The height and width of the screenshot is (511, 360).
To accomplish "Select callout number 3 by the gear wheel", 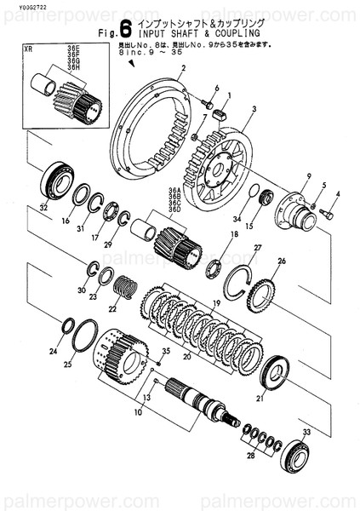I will pyautogui.click(x=254, y=110).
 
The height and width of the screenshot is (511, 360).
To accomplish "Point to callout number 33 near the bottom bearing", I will pyautogui.click(x=306, y=433).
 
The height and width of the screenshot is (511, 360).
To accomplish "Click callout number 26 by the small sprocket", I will pyautogui.click(x=282, y=261).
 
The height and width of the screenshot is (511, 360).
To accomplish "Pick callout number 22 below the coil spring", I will pyautogui.click(x=111, y=309).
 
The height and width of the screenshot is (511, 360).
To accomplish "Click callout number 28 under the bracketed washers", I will pyautogui.click(x=249, y=456).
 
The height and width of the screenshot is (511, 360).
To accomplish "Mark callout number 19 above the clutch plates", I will pyautogui.click(x=216, y=302).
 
